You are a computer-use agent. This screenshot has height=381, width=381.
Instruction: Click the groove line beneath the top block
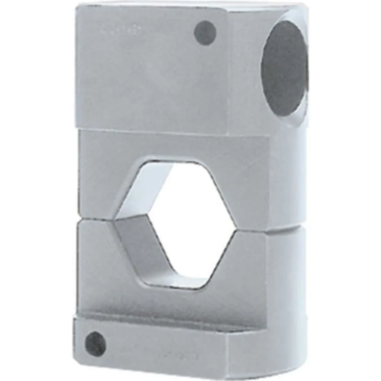[152, 130]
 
